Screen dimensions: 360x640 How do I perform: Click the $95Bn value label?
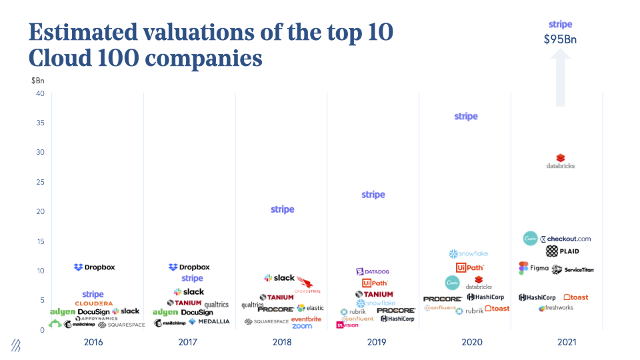(x=560, y=39)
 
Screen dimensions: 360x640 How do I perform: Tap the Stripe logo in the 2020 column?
(x=466, y=117)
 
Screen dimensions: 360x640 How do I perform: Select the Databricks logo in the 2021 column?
(x=560, y=162)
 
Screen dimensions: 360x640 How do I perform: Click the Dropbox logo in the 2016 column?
(x=95, y=267)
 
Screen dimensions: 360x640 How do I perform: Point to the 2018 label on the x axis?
(x=282, y=343)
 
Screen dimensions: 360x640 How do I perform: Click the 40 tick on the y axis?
(x=40, y=93)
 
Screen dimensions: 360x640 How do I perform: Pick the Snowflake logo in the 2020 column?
(x=469, y=254)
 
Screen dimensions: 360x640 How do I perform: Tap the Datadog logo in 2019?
(x=373, y=272)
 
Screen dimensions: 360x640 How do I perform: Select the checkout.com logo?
(x=565, y=239)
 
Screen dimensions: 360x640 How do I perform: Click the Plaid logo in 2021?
(x=562, y=251)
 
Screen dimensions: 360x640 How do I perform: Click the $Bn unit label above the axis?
(x=38, y=81)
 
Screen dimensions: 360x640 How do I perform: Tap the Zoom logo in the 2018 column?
(x=302, y=326)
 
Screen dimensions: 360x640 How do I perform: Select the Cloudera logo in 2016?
(x=93, y=303)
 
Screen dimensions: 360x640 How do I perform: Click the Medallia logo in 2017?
(x=209, y=322)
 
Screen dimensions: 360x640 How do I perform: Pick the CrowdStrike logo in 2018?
(x=309, y=285)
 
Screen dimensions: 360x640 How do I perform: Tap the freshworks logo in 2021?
(x=556, y=308)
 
